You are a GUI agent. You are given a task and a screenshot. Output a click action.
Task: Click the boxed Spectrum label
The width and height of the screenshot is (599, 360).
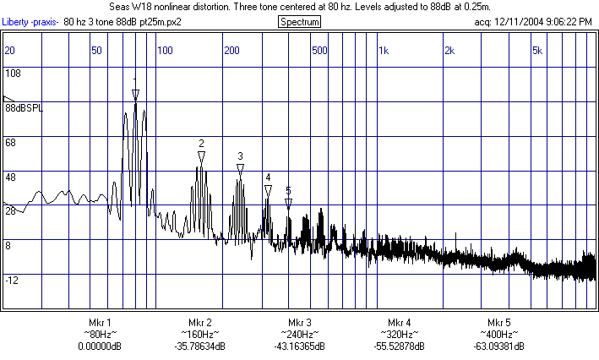299,21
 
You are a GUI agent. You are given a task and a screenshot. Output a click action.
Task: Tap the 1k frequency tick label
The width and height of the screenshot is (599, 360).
384,51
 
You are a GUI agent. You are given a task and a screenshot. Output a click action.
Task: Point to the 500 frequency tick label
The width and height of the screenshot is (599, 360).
319,51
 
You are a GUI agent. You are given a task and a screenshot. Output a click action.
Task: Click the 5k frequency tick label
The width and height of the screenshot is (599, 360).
537,51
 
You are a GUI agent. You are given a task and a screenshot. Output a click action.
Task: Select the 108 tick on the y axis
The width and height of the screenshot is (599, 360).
13,74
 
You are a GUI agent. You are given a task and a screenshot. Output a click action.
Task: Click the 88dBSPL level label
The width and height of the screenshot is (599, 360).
24,108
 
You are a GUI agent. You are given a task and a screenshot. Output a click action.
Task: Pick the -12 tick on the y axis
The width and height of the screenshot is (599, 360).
12,280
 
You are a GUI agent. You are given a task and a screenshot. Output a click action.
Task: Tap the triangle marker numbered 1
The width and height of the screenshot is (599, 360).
135,94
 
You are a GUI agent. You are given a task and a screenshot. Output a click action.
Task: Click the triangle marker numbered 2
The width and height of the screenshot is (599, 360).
201,156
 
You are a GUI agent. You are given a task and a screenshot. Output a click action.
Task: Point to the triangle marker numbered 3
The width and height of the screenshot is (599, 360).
240,168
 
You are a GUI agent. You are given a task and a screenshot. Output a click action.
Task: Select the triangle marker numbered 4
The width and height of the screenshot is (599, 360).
268,189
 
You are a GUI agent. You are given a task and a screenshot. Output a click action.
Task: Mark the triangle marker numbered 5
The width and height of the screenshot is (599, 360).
288,203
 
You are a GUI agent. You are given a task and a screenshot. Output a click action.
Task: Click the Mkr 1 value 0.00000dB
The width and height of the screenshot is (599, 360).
100,346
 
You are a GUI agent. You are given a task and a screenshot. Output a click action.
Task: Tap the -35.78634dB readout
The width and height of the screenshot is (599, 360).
199,346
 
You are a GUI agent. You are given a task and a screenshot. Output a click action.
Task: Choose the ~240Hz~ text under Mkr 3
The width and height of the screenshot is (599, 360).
300,335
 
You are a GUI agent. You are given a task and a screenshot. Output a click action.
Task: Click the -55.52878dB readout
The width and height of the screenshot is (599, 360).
400,346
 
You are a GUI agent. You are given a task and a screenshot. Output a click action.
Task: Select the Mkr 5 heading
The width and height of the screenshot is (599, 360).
499,323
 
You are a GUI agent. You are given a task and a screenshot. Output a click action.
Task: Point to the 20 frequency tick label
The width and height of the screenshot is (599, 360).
10,51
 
